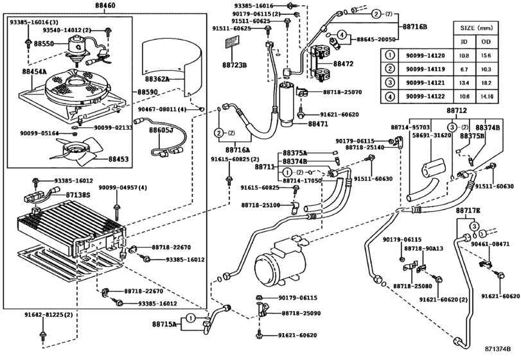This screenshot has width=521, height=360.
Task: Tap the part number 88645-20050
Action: click(x=376, y=39)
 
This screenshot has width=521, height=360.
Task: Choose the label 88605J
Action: click(x=161, y=130)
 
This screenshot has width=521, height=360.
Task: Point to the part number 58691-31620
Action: click(x=430, y=136)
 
